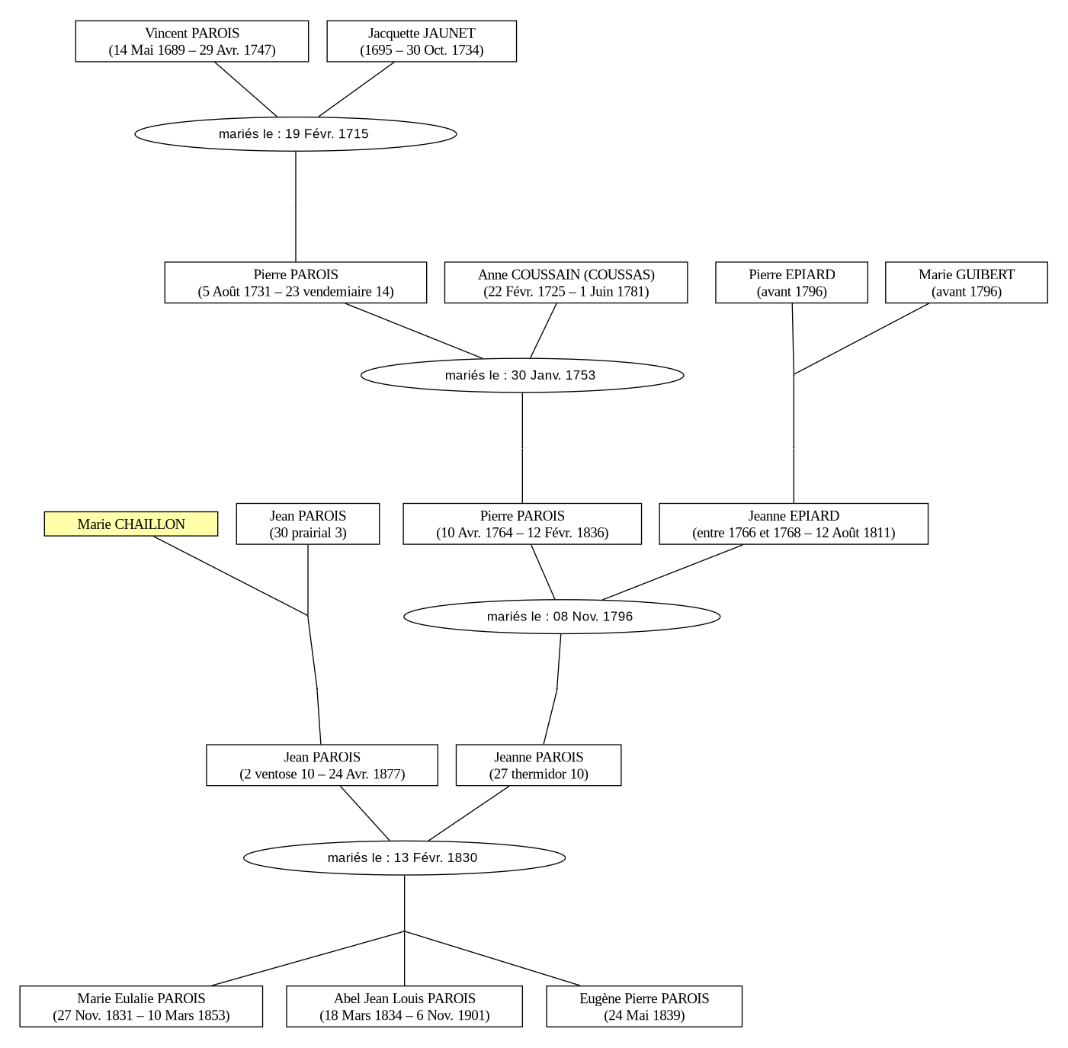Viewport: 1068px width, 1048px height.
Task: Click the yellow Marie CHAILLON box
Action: pyautogui.click(x=131, y=524)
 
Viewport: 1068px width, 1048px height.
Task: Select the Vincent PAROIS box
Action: pyautogui.click(x=192, y=42)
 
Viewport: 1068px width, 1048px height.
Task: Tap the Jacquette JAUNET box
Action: pyautogui.click(x=422, y=42)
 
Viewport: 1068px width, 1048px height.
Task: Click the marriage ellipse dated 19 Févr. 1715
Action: pyautogui.click(x=296, y=134)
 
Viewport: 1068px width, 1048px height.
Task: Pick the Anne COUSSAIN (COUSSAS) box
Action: pyautogui.click(x=566, y=283)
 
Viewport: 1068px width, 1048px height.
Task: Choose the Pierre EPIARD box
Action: pyautogui.click(x=791, y=283)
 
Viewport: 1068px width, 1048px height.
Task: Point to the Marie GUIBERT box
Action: pyautogui.click(x=967, y=283)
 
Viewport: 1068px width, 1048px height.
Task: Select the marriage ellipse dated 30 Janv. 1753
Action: pyautogui.click(x=522, y=375)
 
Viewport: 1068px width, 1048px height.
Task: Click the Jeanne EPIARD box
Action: pyautogui.click(x=794, y=524)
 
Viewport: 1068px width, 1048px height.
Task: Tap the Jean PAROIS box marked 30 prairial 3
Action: pyautogui.click(x=308, y=524)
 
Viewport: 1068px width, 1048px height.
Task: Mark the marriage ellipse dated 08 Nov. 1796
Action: pyautogui.click(x=562, y=617)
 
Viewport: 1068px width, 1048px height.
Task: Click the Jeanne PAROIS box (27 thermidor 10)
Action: pyautogui.click(x=539, y=764)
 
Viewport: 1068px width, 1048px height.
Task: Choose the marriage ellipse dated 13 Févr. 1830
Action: pyautogui.click(x=405, y=858)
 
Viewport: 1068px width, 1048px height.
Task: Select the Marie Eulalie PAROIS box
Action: pyautogui.click(x=141, y=1006)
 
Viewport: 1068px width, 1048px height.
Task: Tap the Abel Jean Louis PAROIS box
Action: pyautogui.click(x=405, y=1006)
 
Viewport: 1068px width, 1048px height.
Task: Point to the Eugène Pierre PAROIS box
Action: pyautogui.click(x=644, y=1006)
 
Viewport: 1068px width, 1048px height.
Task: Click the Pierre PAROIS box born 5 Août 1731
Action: pyautogui.click(x=296, y=283)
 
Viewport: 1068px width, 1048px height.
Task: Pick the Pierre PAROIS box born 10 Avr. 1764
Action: pyautogui.click(x=522, y=524)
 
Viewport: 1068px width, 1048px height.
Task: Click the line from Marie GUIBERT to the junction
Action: pyautogui.click(x=862, y=338)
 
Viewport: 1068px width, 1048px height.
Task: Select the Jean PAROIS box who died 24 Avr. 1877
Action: pyautogui.click(x=322, y=764)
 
